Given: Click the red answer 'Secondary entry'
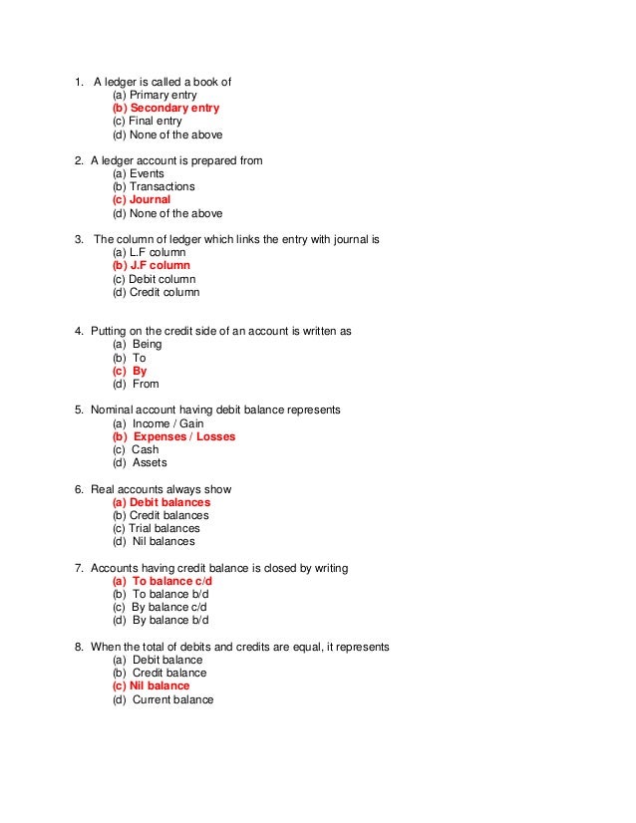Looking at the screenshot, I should click(166, 108).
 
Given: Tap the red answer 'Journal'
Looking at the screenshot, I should click(142, 200).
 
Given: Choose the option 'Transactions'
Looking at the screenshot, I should click(154, 186).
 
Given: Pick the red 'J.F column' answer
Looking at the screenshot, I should click(152, 266).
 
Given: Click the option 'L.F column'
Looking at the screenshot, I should click(149, 253).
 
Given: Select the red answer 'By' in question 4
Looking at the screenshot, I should click(140, 371).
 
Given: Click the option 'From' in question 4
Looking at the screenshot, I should click(146, 384).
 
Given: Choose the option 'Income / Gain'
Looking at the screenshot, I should click(164, 423).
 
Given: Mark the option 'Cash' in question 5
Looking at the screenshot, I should click(145, 449).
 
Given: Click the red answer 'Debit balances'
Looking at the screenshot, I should click(161, 502).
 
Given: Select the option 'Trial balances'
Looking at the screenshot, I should click(157, 528).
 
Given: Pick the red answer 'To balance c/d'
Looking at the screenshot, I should click(162, 581).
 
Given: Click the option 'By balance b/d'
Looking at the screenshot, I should click(160, 620).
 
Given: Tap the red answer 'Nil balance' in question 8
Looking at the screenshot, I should click(151, 686).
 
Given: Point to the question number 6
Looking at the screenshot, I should click(79, 489).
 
